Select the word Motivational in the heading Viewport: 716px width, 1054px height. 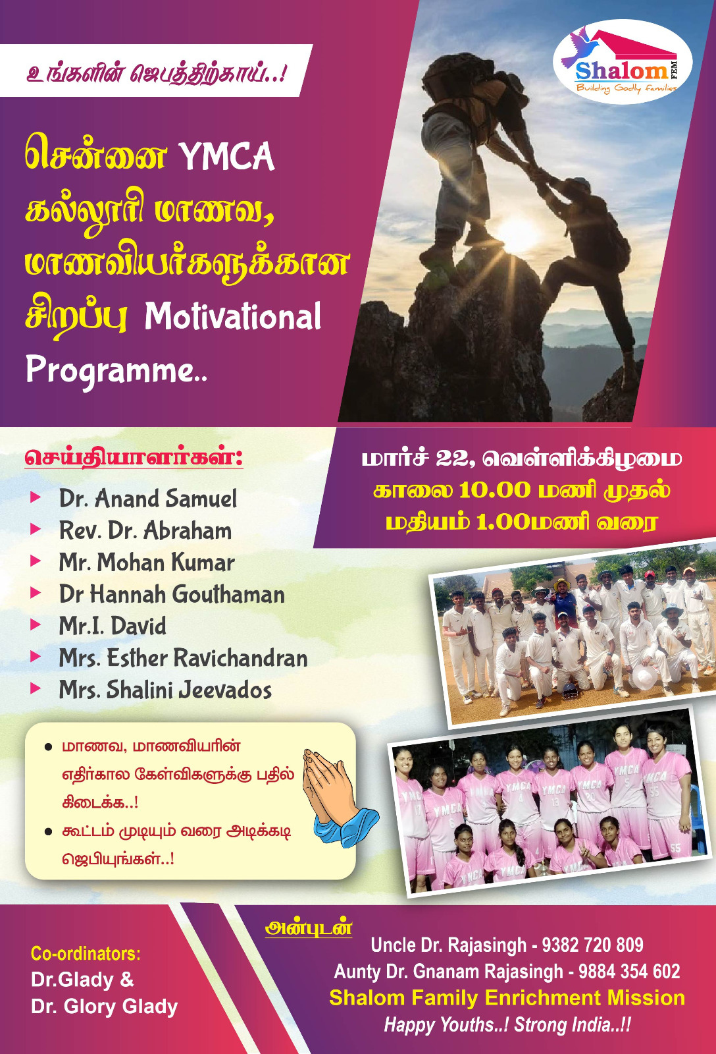pyautogui.click(x=233, y=317)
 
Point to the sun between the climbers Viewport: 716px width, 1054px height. pyautogui.click(x=517, y=235)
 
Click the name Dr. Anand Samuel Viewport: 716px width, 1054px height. pyautogui.click(x=148, y=499)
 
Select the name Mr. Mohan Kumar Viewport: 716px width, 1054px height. pyautogui.click(x=147, y=563)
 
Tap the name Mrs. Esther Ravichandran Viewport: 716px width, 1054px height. pyautogui.click(x=184, y=658)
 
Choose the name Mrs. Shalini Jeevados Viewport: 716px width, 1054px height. pyautogui.click(x=165, y=690)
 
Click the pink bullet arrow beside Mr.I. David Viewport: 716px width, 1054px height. pyautogui.click(x=36, y=624)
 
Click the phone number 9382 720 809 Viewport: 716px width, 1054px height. pyautogui.click(x=592, y=945)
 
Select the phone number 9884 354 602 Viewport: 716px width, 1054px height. pyautogui.click(x=629, y=971)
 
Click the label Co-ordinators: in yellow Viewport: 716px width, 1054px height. pyautogui.click(x=86, y=954)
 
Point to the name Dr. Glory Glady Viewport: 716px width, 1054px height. pyautogui.click(x=105, y=1007)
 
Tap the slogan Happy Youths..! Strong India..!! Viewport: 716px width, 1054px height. pyautogui.click(x=507, y=1024)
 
